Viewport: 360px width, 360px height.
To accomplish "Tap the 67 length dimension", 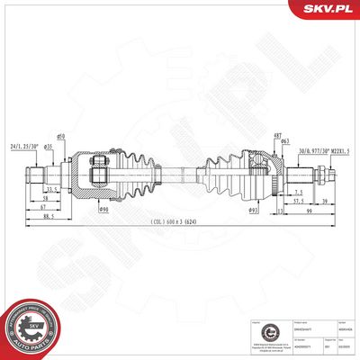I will click(43, 206).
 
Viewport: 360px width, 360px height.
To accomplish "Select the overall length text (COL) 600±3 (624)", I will click(180, 224).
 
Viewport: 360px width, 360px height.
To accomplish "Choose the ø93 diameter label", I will click(253, 211).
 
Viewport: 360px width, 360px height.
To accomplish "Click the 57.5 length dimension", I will click(297, 202).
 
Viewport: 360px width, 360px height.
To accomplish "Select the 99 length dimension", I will click(308, 211).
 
